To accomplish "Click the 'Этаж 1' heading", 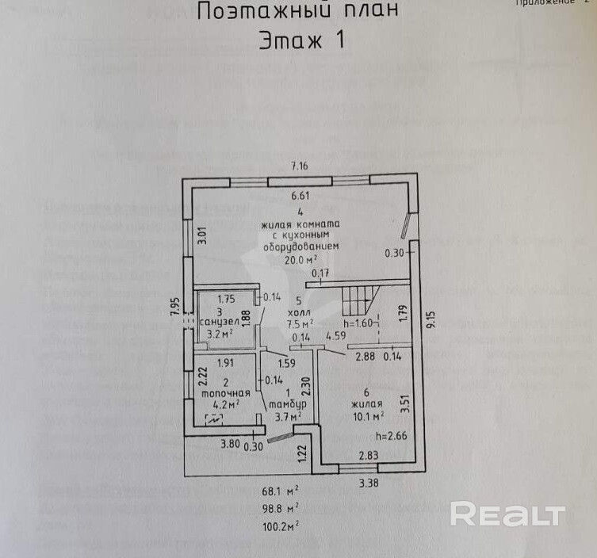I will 302,40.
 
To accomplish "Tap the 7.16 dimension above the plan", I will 299,166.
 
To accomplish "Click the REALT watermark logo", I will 507,514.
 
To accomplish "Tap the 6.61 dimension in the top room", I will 301,194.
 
